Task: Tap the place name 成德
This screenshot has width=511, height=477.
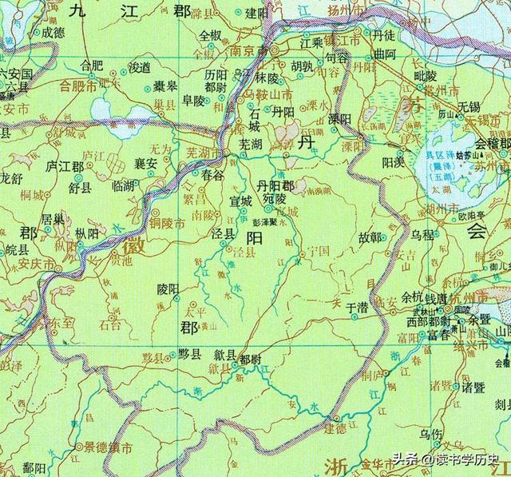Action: coord(53,33)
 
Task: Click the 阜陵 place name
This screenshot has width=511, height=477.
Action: coord(193,100)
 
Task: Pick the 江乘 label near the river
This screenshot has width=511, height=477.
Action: coord(310,40)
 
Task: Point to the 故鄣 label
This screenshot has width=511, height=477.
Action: coord(370,237)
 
